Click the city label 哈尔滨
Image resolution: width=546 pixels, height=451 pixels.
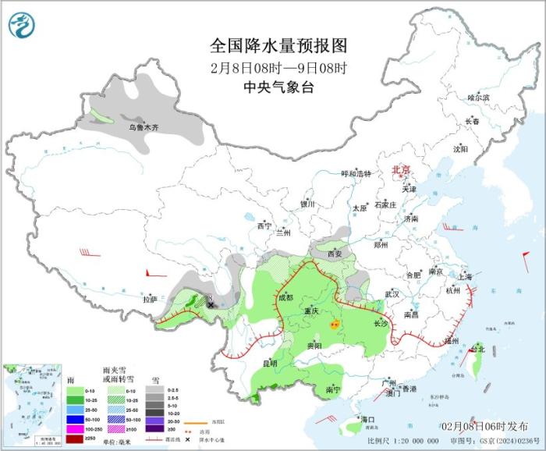[x=478, y=98]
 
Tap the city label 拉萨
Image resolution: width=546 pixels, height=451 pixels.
[x=151, y=299]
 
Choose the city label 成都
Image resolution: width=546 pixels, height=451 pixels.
[x=285, y=297]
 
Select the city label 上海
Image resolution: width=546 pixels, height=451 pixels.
[x=465, y=276]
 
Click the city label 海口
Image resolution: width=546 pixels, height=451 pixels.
[x=368, y=420]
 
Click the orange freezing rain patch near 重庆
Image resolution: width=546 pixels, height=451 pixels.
[x=335, y=324]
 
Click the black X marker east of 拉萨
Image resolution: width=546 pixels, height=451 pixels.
[x=211, y=305]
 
